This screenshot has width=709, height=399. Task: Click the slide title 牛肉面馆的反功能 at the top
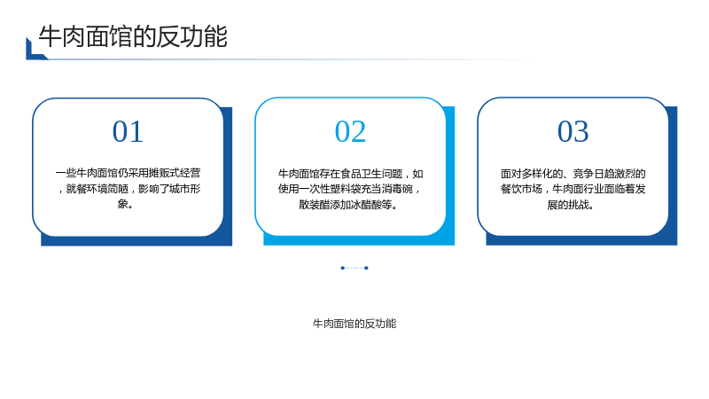(133, 36)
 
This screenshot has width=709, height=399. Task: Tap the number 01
(128, 131)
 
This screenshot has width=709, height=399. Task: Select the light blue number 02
(350, 131)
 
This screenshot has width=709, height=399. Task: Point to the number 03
(573, 131)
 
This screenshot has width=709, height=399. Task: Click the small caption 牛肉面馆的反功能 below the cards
(354, 324)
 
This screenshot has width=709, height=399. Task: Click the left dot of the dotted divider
(343, 269)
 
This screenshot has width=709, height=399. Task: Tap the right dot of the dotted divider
(366, 269)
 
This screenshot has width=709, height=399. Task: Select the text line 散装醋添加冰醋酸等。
(348, 205)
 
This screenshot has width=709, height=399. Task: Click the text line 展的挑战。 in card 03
(571, 205)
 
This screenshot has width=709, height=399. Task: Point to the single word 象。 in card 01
(126, 204)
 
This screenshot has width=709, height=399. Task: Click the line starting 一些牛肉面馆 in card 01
(128, 173)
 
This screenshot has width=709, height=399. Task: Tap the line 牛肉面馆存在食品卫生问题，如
(350, 174)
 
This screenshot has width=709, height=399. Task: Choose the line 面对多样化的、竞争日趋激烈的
(573, 174)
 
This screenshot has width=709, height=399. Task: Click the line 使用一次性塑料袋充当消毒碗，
(350, 189)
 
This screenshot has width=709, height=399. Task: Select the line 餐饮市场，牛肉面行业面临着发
(573, 189)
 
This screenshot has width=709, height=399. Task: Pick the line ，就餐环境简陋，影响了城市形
(129, 189)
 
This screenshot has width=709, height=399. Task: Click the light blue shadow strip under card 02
(359, 240)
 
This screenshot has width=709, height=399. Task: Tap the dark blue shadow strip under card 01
(136, 241)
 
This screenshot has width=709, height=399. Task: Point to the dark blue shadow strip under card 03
(581, 240)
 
